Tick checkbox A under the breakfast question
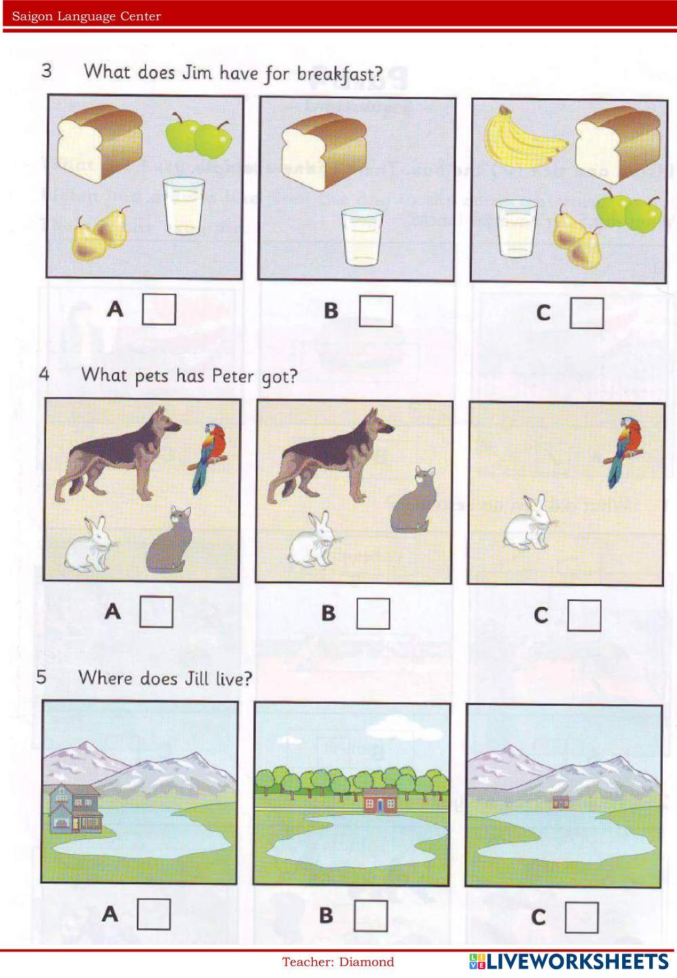tap(159, 310)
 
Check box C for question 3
tap(587, 313)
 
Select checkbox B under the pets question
tap(373, 613)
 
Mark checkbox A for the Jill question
tap(154, 914)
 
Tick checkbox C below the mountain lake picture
tap(582, 917)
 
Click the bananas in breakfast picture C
tap(526, 137)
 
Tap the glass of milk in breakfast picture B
tap(362, 237)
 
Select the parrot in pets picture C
tap(624, 452)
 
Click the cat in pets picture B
tap(414, 499)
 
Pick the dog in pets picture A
tap(118, 454)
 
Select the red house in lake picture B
tap(380, 801)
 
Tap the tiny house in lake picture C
tap(561, 802)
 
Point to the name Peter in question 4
tap(232, 375)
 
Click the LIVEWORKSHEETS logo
tap(569, 962)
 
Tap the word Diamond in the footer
tap(366, 962)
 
